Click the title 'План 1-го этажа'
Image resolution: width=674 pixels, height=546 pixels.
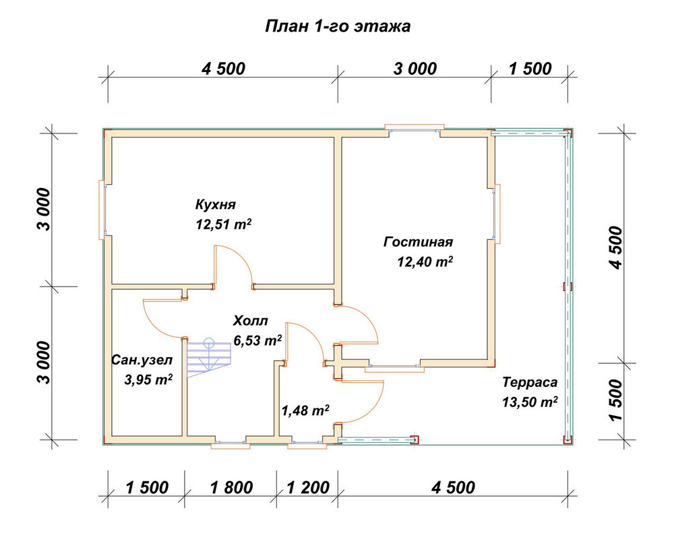coord(338,26)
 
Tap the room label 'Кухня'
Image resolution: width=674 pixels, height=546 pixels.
coord(216,204)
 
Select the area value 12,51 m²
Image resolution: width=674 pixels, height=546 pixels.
coord(224,224)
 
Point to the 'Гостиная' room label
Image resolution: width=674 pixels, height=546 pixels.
coord(418,241)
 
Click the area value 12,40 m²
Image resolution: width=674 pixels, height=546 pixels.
coord(425,262)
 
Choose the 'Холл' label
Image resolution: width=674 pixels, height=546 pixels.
coord(251,321)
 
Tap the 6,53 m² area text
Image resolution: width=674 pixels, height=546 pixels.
coord(257,340)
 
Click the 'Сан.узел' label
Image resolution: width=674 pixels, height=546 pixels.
coord(142,360)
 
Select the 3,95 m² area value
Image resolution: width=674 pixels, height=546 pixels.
coord(148,380)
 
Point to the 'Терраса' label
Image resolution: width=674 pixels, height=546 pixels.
coord(530,382)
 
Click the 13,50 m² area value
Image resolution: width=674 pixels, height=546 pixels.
coord(530,402)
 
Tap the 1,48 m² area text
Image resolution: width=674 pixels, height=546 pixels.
coord(305,411)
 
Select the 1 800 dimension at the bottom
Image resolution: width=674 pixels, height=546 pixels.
coord(232,487)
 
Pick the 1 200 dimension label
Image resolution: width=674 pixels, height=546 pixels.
coord(308,487)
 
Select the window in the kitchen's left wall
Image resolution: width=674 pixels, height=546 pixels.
coord(102,210)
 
